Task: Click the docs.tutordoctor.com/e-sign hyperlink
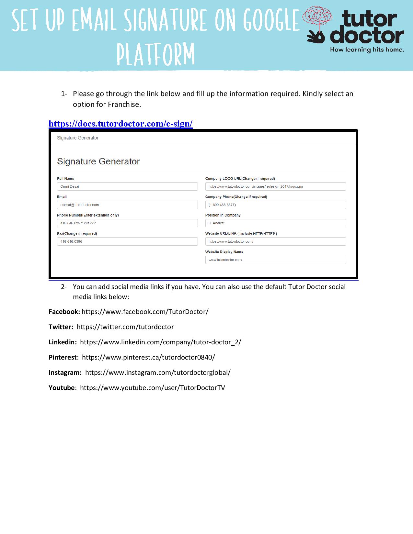pos(120,124)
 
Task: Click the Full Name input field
pos(127,186)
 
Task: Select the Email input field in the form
pos(127,205)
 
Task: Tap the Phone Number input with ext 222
pos(127,223)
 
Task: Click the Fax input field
pos(127,241)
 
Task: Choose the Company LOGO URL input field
pos(275,186)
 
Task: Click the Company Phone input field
pos(275,205)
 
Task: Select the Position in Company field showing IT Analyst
pos(275,223)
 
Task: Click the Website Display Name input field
pos(275,260)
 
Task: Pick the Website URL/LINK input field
pos(275,241)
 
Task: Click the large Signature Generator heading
pos(98,161)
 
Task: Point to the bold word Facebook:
pos(64,312)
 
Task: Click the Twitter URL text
pos(125,327)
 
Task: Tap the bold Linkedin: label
pos(63,342)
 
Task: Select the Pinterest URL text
pos(148,357)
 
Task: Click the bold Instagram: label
pos(65,373)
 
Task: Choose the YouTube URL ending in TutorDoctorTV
pos(152,388)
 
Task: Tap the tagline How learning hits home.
pos(367,50)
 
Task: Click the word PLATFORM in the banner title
pos(156,54)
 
